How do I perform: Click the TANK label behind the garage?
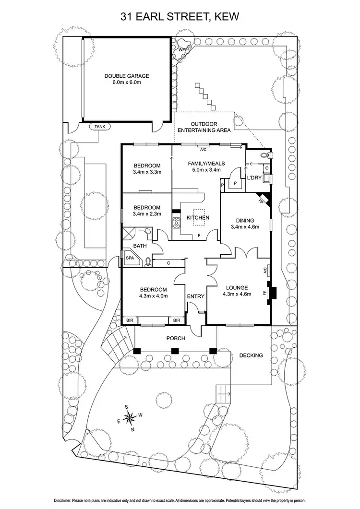[100, 127]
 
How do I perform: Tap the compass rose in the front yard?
[131, 418]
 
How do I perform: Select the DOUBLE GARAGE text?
[127, 76]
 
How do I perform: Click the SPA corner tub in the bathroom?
[130, 258]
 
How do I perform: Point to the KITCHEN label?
[198, 218]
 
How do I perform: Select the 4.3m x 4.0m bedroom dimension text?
[153, 296]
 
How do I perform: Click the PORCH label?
[175, 338]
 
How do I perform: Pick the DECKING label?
[251, 355]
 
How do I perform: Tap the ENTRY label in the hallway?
[196, 296]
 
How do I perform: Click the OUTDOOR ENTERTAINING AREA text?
[204, 127]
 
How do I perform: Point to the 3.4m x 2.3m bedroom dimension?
[147, 214]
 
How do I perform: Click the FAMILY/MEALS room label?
[206, 163]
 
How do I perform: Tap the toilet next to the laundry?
[263, 155]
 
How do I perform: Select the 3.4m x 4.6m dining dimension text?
[245, 227]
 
